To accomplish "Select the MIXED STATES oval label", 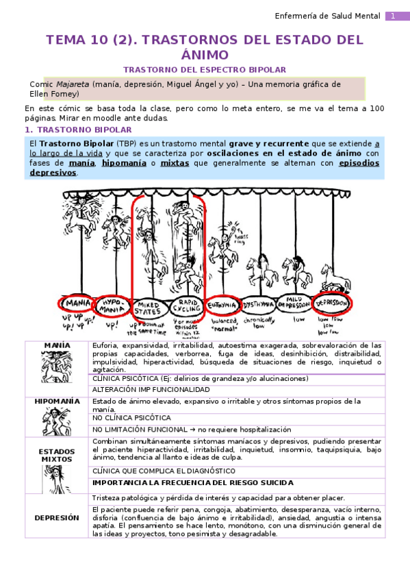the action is (x=148, y=306).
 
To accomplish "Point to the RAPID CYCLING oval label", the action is (x=185, y=306).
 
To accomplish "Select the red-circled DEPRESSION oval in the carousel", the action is (x=333, y=303).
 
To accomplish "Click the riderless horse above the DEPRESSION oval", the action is (x=335, y=277).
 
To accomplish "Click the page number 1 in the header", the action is (x=394, y=16).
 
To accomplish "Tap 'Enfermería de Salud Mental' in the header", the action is (x=327, y=16).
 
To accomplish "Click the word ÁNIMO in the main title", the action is (x=205, y=55).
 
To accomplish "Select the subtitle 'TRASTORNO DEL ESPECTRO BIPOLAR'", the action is (x=205, y=70).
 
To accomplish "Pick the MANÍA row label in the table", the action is (x=56, y=345).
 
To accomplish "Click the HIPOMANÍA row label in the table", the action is (x=56, y=401).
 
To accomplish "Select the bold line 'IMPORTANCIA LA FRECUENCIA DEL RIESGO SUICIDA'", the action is (x=193, y=482).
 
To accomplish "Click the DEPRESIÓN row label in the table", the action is (x=56, y=517).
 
